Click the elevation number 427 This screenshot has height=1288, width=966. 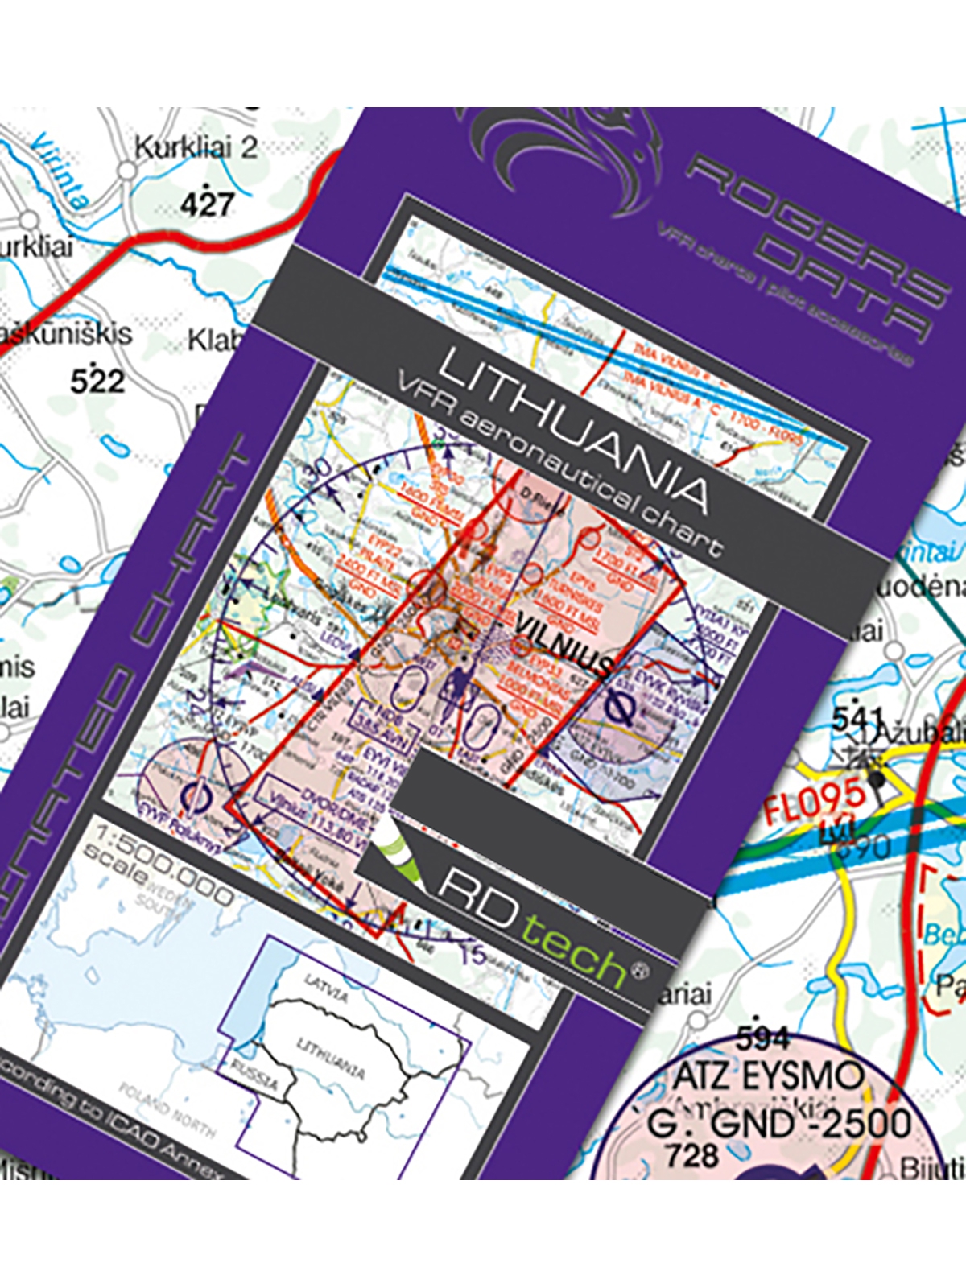pos(207,203)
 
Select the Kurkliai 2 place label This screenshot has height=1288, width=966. pos(196,148)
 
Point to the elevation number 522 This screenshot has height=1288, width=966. pos(97,380)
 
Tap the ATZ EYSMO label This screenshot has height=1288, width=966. pos(768,1076)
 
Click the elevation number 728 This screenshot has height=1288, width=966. pos(691,1156)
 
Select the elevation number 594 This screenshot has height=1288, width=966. pos(762,1039)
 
